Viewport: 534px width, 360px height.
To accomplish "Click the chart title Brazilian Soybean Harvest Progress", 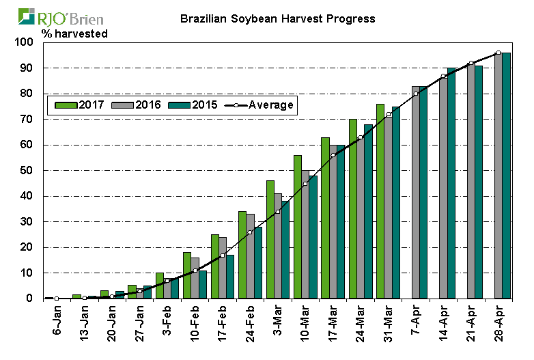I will tap(277, 18).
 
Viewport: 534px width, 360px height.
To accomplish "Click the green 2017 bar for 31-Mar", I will tap(380, 202).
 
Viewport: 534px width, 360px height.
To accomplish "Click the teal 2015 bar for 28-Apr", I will tap(507, 176).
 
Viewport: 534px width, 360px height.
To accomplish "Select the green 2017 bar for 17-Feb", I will tap(215, 266).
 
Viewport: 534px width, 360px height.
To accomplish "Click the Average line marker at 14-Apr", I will tap(443, 76).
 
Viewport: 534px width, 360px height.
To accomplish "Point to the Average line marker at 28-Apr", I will tap(498, 53).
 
